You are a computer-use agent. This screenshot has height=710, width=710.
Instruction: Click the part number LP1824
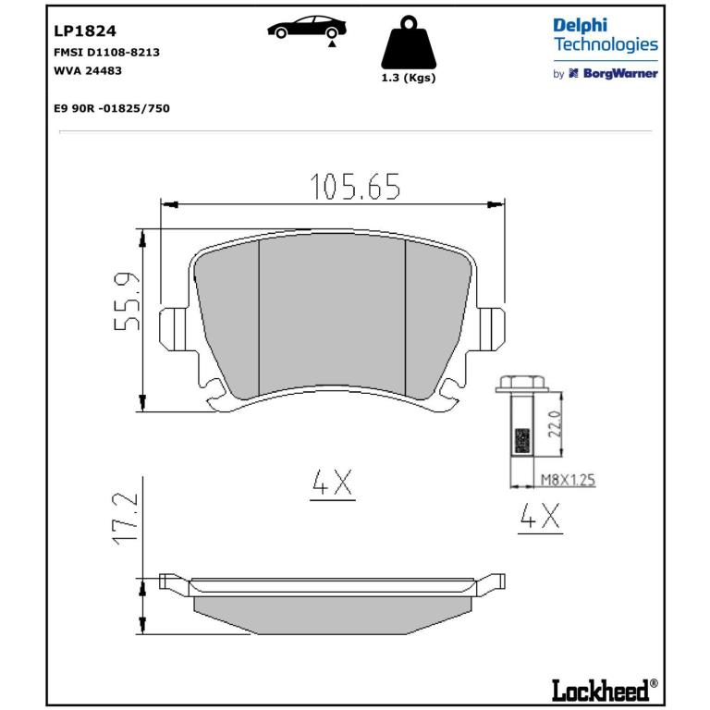pyautogui.click(x=85, y=31)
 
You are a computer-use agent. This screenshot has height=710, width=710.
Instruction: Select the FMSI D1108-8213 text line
pyautogui.click(x=106, y=53)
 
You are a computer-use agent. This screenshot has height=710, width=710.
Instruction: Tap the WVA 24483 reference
pyautogui.click(x=88, y=70)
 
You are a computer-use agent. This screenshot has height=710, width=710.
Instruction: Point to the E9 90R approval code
pyautogui.click(x=112, y=108)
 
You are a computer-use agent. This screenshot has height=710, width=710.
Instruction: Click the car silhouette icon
pyautogui.click(x=307, y=27)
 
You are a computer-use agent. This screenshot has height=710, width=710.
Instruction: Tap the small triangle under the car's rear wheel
pyautogui.click(x=333, y=44)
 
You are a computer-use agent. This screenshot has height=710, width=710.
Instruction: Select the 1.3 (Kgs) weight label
pyautogui.click(x=409, y=78)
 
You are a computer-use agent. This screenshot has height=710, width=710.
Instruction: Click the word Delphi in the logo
pyautogui.click(x=580, y=26)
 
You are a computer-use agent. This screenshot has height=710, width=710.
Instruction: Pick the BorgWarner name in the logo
pyautogui.click(x=620, y=73)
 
